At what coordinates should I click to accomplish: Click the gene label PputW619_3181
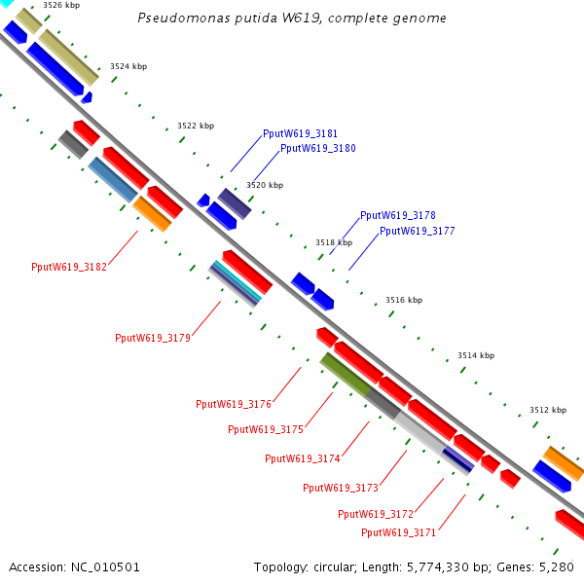point(301,133)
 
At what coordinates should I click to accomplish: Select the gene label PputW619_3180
point(318,149)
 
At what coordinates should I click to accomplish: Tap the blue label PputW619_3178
point(398,215)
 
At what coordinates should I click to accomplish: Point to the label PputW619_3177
point(418,232)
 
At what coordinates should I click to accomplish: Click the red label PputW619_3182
point(69,267)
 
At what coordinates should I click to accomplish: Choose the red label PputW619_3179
point(153,339)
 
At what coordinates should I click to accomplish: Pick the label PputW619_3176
point(234,404)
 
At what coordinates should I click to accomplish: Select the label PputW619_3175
point(266,429)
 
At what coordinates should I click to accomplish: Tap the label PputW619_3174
point(303,458)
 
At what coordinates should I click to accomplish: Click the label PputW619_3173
point(341,488)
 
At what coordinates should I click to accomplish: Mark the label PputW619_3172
point(376,514)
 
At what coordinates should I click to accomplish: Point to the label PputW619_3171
point(399,532)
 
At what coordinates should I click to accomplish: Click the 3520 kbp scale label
point(265,185)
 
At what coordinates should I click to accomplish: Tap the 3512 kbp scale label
point(548,411)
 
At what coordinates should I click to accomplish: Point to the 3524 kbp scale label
point(128,66)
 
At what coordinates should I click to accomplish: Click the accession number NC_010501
point(104,566)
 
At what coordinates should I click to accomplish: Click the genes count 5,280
point(557,566)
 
